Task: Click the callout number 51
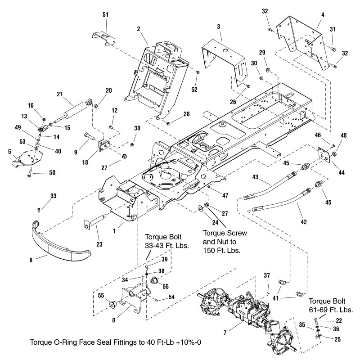tap(106, 15)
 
